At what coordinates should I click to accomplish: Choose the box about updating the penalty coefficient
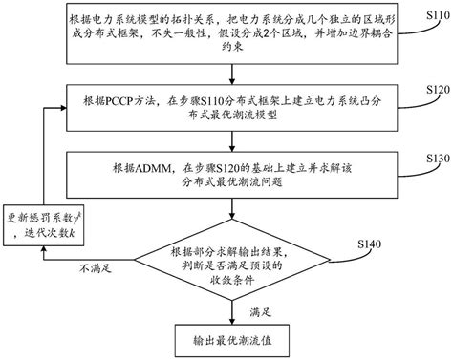[42, 223]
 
